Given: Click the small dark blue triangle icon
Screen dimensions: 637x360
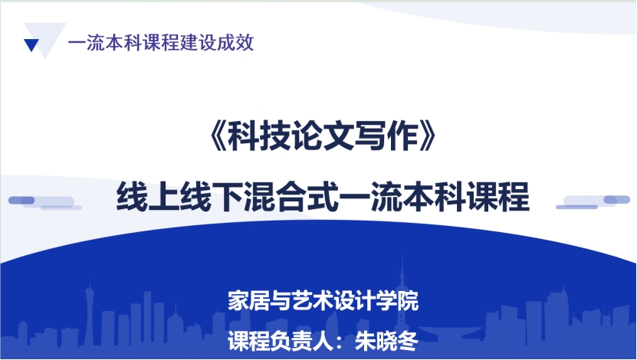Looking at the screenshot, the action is tap(31, 44).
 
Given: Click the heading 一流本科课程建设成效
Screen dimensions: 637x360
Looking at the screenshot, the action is tap(161, 43).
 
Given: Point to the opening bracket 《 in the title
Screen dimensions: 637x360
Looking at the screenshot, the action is tap(218, 136).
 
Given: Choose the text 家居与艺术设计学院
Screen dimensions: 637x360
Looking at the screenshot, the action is tap(323, 301).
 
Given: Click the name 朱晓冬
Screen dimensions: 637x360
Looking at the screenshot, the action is tap(386, 341).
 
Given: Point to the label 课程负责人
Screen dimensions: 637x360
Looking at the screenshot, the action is tap(281, 341).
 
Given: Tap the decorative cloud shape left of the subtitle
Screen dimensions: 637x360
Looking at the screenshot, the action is tap(44, 201).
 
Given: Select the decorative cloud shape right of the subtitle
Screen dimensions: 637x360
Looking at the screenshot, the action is tap(593, 201).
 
